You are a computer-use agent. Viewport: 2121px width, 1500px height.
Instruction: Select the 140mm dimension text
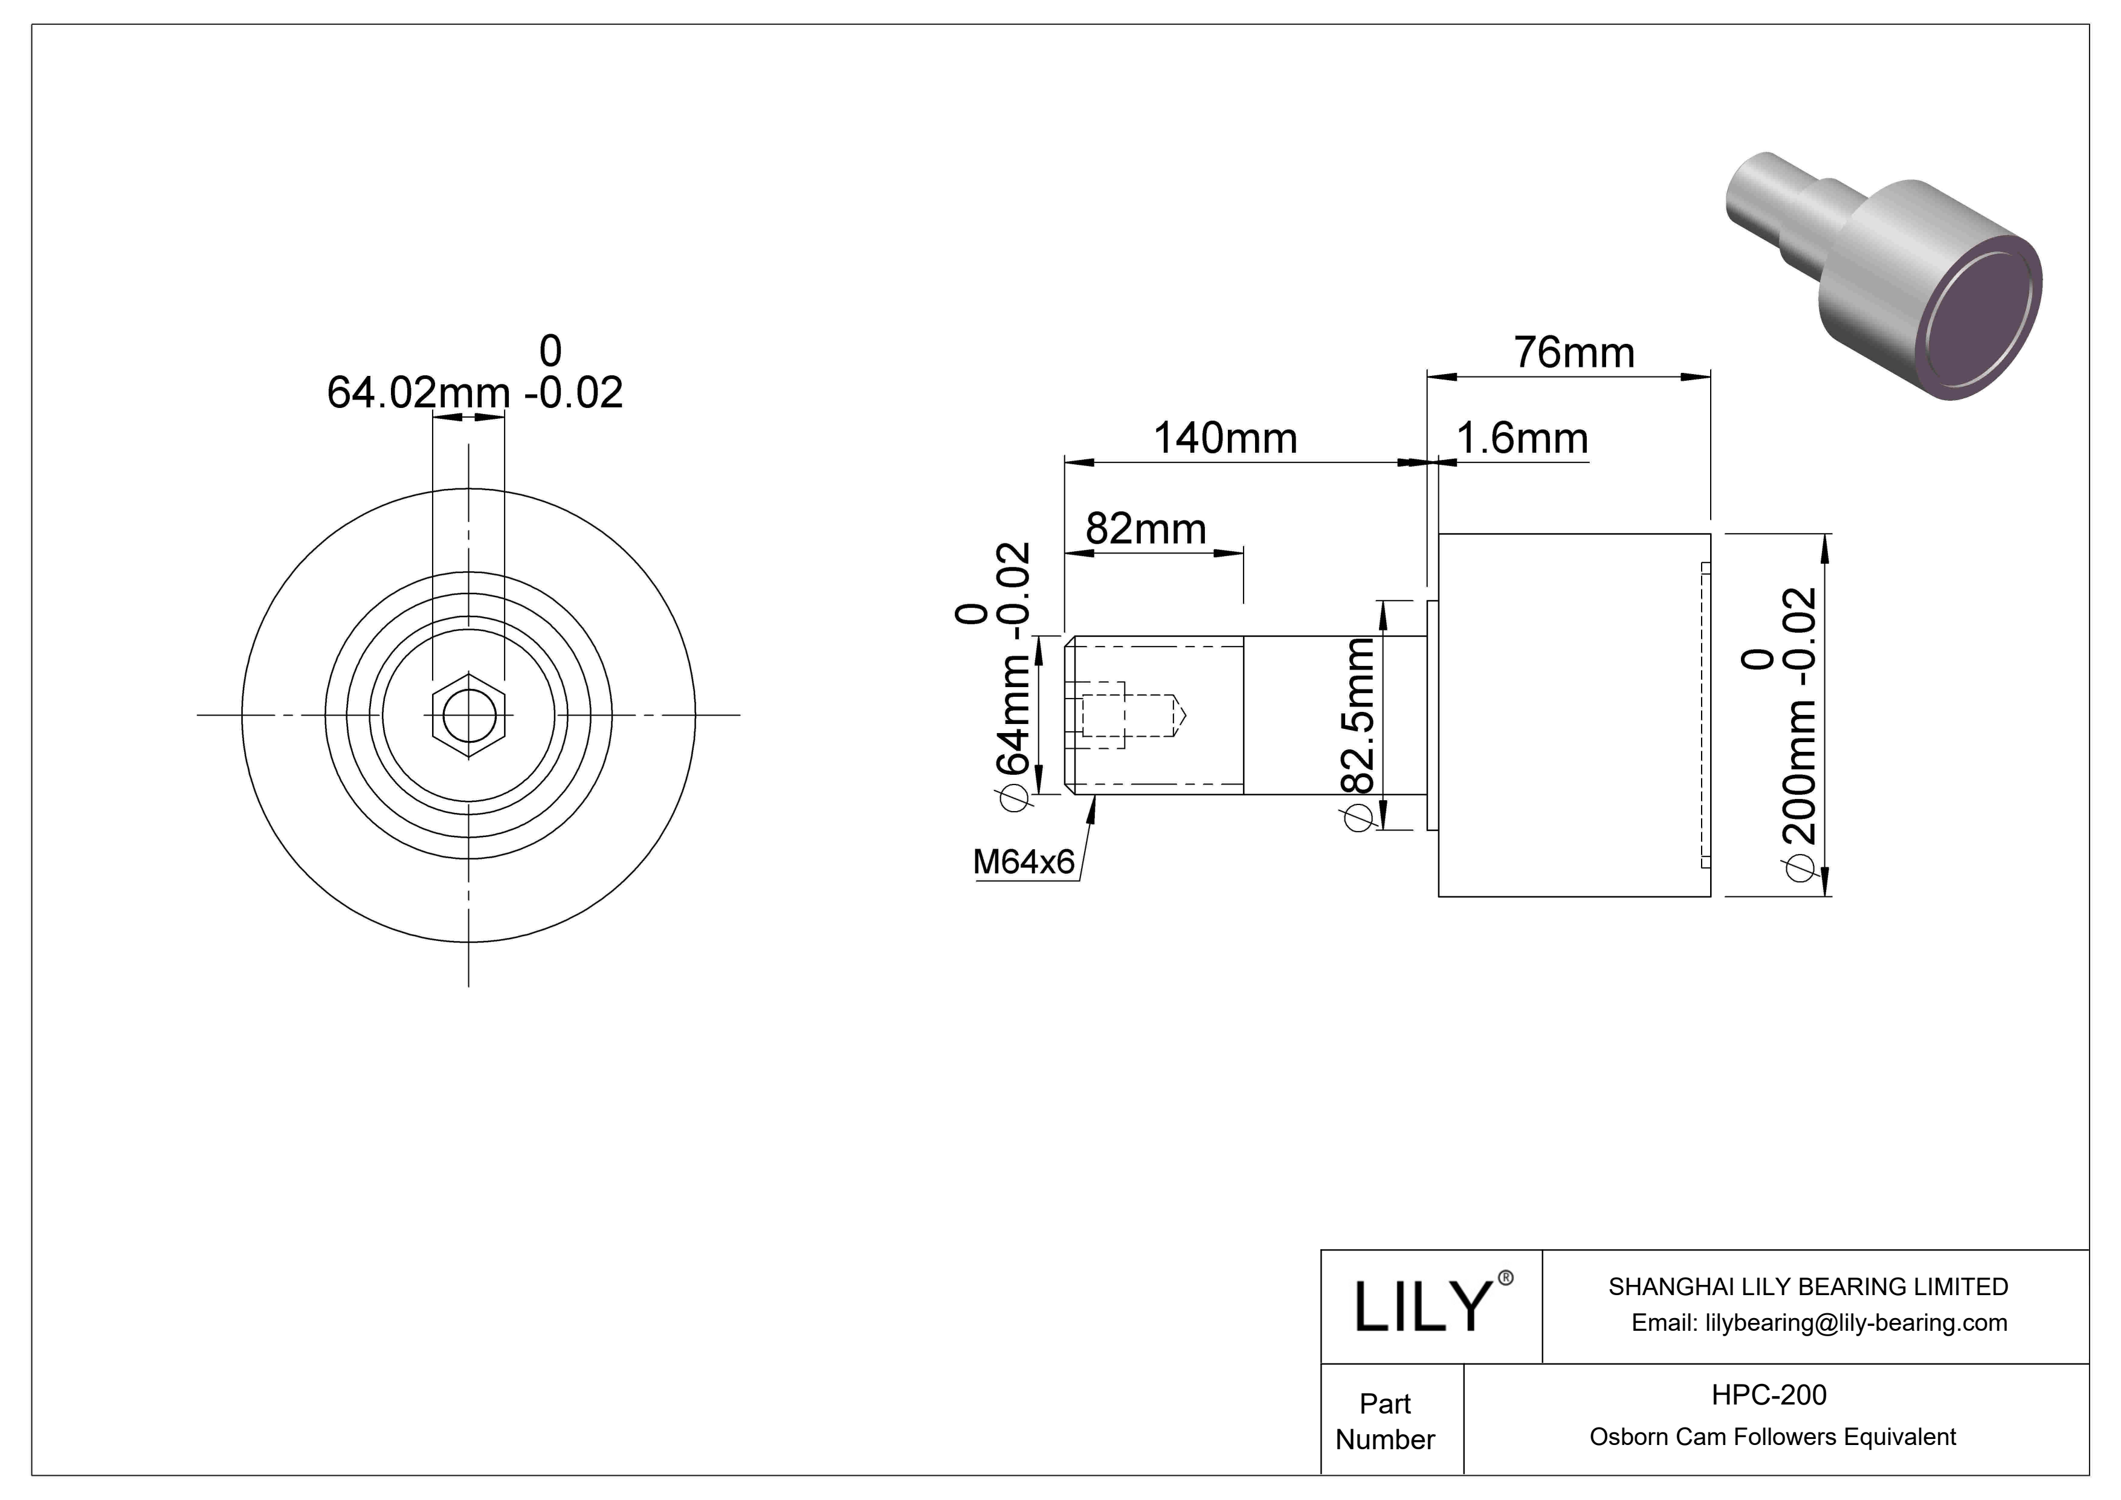1225,439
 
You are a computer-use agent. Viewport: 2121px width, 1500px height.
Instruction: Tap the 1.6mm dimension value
1522,439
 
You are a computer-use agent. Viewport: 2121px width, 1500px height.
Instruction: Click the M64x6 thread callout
1024,862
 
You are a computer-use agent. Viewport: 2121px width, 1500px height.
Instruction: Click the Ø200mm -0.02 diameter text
1801,729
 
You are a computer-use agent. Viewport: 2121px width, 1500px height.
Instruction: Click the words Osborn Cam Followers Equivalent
1772,1437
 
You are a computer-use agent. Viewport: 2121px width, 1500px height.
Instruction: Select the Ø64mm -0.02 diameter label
1012,684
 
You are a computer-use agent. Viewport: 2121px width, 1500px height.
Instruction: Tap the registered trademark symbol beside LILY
1506,1278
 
